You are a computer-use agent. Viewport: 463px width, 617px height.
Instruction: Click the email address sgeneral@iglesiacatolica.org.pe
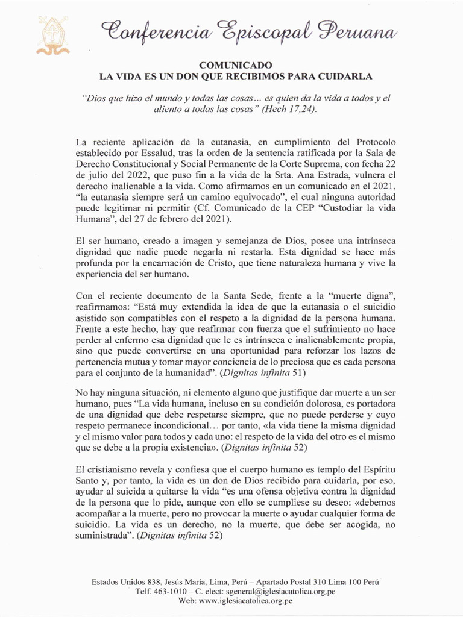point(284,592)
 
